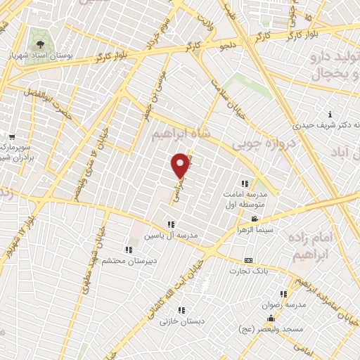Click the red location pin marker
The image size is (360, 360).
pos(181,165)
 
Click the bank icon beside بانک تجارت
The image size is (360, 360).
pos(247,260)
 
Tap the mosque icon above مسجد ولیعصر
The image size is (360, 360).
pos(271,319)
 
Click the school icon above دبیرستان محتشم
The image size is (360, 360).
pos(128,250)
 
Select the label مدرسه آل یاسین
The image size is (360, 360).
pos(172,235)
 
